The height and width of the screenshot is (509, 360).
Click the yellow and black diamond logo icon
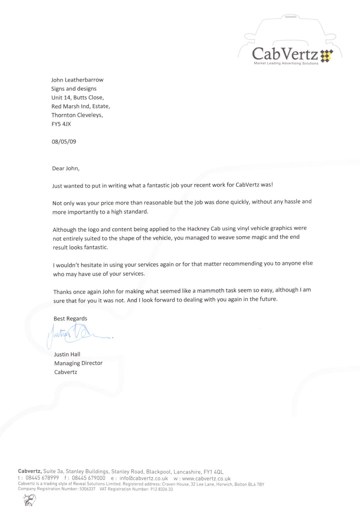coord(327,56)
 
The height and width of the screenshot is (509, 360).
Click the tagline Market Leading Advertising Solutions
coord(286,63)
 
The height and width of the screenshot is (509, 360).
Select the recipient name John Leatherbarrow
coord(77,80)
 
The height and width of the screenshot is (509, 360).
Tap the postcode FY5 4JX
coord(61,124)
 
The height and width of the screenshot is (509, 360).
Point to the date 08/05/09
coord(64,142)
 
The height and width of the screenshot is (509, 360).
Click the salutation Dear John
coord(66,168)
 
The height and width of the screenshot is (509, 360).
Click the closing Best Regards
coord(70,318)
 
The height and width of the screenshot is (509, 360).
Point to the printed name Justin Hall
coord(67,354)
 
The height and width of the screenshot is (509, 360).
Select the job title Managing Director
coord(78,363)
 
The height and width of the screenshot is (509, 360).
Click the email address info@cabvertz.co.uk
coord(144,479)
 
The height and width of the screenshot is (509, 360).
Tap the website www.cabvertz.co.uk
coord(206,479)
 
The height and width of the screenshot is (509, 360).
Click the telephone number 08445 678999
coord(42,478)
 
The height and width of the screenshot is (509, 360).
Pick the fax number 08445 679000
coord(89,478)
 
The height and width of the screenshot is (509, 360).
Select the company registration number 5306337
coord(87,489)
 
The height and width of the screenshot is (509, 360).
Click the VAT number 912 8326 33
coord(161,489)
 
